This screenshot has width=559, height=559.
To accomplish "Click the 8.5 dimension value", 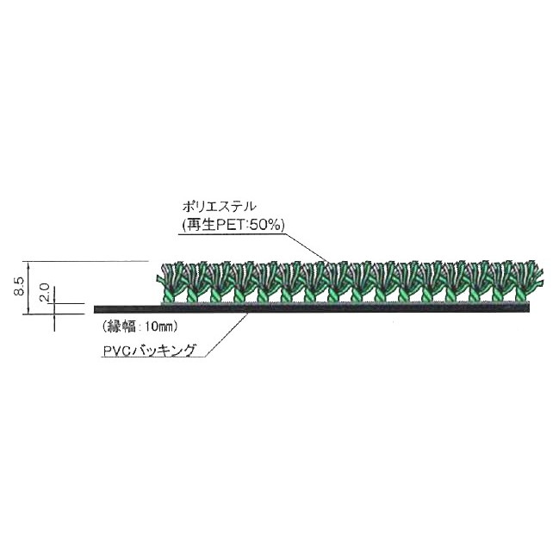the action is [x=20, y=286].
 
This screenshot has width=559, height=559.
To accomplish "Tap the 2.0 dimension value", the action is [x=45, y=292].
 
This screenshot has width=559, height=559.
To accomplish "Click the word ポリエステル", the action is [x=219, y=207].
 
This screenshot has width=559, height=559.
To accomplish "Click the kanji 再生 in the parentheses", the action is [x=201, y=225].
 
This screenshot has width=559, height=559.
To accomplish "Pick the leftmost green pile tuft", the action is [x=170, y=282].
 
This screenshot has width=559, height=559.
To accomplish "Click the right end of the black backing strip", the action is [x=529, y=307].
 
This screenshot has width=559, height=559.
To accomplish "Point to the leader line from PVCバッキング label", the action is [x=227, y=335].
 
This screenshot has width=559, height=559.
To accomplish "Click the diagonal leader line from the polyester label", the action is [x=306, y=247].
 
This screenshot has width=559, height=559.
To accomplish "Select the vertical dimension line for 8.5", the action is [x=28, y=288].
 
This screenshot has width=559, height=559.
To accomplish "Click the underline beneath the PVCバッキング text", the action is [x=153, y=357].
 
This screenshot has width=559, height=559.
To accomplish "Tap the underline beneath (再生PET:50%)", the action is [x=232, y=233].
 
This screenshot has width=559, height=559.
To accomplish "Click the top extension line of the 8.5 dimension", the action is [x=85, y=261].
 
